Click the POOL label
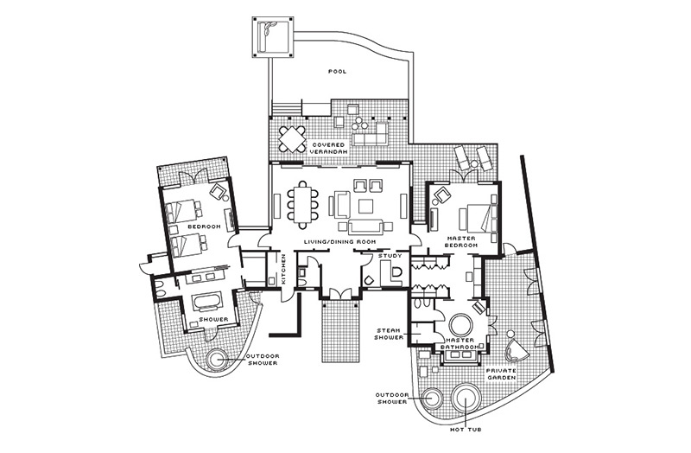click(x=338, y=71)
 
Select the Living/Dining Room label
click(x=339, y=242)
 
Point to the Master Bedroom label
click(x=460, y=241)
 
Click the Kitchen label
click(x=285, y=269)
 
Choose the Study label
click(x=390, y=255)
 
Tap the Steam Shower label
click(x=390, y=334)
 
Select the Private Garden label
click(x=501, y=374)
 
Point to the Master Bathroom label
click(x=460, y=343)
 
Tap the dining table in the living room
click(x=303, y=204)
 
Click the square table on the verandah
click(x=292, y=139)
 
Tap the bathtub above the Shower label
click(x=207, y=303)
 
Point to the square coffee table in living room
click(x=365, y=207)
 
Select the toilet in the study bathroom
click(x=396, y=272)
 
